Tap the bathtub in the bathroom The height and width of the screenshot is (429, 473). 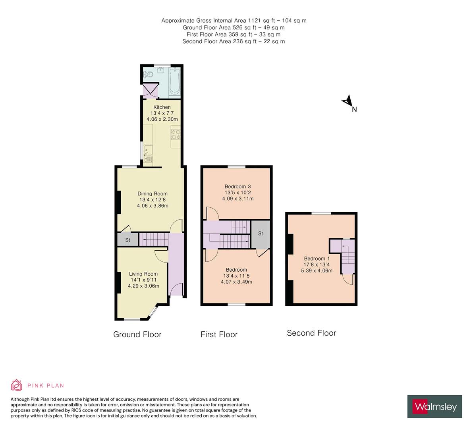[x=175, y=81]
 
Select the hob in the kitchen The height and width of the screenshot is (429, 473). [x=176, y=135]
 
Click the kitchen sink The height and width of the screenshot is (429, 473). [x=148, y=154]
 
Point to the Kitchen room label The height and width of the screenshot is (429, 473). [x=162, y=107]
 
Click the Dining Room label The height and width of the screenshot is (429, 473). [x=153, y=194]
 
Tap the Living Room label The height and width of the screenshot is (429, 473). [x=143, y=274]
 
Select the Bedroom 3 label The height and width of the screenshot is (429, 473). [x=238, y=186]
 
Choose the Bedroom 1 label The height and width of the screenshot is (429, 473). [x=317, y=259]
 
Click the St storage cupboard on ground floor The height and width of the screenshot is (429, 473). [x=127, y=240]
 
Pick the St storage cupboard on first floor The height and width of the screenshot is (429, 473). [x=261, y=234]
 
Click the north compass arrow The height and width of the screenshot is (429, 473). [x=348, y=101]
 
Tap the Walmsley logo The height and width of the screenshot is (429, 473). [x=435, y=406]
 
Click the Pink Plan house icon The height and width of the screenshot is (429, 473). [x=17, y=385]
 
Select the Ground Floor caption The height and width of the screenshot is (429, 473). [x=137, y=334]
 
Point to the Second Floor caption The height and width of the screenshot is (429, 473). [x=311, y=333]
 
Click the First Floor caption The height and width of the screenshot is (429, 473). [x=219, y=334]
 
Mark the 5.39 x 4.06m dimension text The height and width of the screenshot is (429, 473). [x=317, y=271]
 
